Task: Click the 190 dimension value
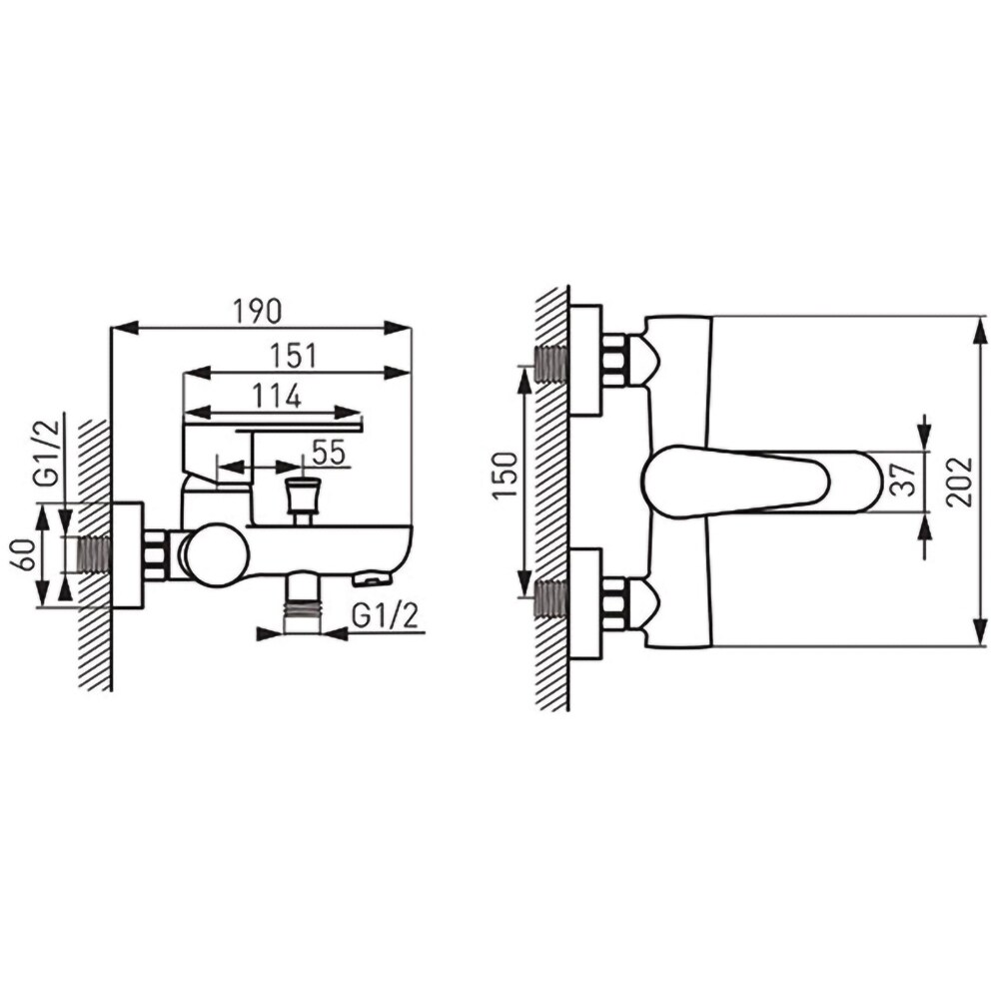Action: click(257, 311)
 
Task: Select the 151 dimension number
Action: click(293, 357)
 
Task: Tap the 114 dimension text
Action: click(277, 397)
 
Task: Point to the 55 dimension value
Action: click(329, 453)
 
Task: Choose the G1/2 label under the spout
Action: click(386, 615)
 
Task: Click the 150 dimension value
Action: click(504, 476)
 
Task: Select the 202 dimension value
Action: click(959, 483)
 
